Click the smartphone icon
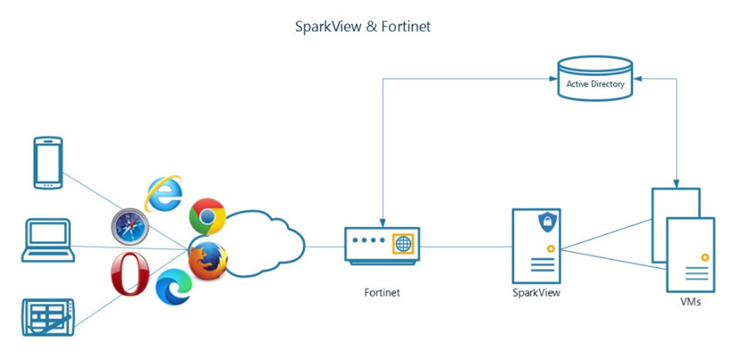pos(48,163)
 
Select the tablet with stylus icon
pos(48,317)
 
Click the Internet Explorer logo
pos(163,193)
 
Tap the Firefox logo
pos(208,261)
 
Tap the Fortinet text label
pos(382,292)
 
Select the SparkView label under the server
pos(536,292)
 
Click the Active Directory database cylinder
pos(595,78)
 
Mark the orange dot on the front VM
pos(704,256)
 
